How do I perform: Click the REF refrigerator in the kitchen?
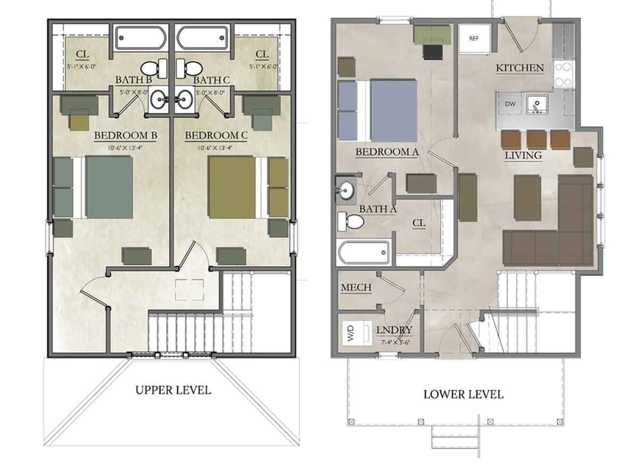pyautogui.click(x=474, y=38)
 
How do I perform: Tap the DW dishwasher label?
pyautogui.click(x=510, y=104)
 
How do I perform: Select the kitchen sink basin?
pyautogui.click(x=538, y=104)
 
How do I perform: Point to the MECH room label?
pyautogui.click(x=356, y=288)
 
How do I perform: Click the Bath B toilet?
pyautogui.click(x=151, y=68)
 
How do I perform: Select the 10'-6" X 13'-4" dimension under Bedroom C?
pyautogui.click(x=216, y=147)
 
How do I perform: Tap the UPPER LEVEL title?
pyautogui.click(x=173, y=390)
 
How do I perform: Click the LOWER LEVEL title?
pyautogui.click(x=463, y=394)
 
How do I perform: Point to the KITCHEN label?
pyautogui.click(x=519, y=68)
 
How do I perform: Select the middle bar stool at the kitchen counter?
pyautogui.click(x=538, y=140)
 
